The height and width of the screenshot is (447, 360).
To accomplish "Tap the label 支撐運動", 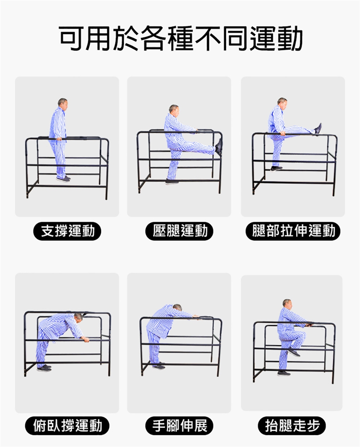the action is coord(67,231).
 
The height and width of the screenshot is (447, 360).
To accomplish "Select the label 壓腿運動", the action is coord(180,231).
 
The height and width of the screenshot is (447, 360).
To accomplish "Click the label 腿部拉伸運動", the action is coord(293,231).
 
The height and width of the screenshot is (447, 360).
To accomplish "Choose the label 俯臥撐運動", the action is coord(67,426).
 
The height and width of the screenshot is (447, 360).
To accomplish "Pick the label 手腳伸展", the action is coord(180,426).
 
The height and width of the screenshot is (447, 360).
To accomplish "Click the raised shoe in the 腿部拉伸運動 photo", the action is coord(318,129).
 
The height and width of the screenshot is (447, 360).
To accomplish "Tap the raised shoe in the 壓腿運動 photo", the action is coord(219,147).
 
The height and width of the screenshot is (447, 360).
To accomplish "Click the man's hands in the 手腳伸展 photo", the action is coord(195,316).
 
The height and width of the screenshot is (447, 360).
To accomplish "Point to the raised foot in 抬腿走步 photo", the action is coord(294,352).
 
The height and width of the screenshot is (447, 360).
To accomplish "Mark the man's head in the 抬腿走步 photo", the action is coord(287,304).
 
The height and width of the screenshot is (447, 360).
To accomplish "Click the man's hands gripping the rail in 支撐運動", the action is coord(59,139).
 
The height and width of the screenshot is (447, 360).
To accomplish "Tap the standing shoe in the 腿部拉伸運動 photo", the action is coord(276,169).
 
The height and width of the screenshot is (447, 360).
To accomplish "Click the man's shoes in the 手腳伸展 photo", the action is coord(159,366).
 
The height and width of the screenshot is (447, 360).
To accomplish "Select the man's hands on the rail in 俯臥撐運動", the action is coord(85,339).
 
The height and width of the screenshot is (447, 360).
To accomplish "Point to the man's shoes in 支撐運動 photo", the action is coord(64,178).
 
